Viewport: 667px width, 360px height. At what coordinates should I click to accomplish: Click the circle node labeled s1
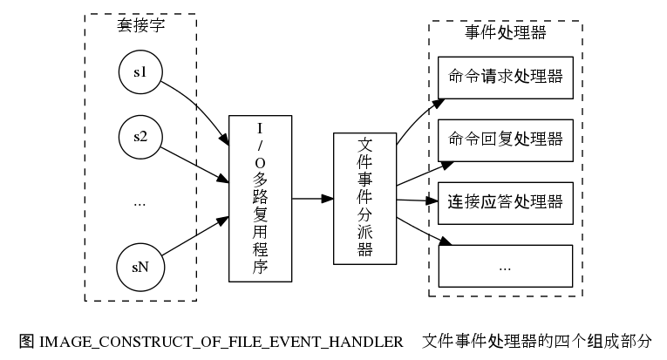coord(140,72)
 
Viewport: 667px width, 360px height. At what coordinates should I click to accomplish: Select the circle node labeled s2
coord(140,137)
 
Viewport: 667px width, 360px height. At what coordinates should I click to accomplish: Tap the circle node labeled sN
coord(140,267)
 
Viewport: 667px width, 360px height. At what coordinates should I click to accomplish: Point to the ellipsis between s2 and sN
coord(140,202)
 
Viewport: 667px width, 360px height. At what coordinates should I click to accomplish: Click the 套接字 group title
coord(141,26)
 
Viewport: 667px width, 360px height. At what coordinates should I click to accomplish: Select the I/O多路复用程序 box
coord(260,199)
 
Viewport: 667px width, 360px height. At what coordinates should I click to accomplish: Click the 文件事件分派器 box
coord(364,199)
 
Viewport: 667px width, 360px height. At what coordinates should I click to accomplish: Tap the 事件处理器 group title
coord(506,33)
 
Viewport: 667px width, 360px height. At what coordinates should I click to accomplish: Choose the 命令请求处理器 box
coord(505,75)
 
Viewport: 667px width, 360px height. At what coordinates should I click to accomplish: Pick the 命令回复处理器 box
coord(505,139)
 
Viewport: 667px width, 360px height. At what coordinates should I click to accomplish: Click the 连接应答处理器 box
coord(505,202)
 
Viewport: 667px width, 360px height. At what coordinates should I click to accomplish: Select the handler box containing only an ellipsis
coord(505,266)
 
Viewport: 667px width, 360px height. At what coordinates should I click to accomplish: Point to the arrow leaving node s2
coord(195,161)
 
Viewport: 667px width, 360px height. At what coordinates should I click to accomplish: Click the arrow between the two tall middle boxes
coord(312,199)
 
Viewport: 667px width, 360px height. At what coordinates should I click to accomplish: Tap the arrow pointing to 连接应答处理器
coord(415,201)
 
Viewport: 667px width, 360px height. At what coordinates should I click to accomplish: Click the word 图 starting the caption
coord(25,340)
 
